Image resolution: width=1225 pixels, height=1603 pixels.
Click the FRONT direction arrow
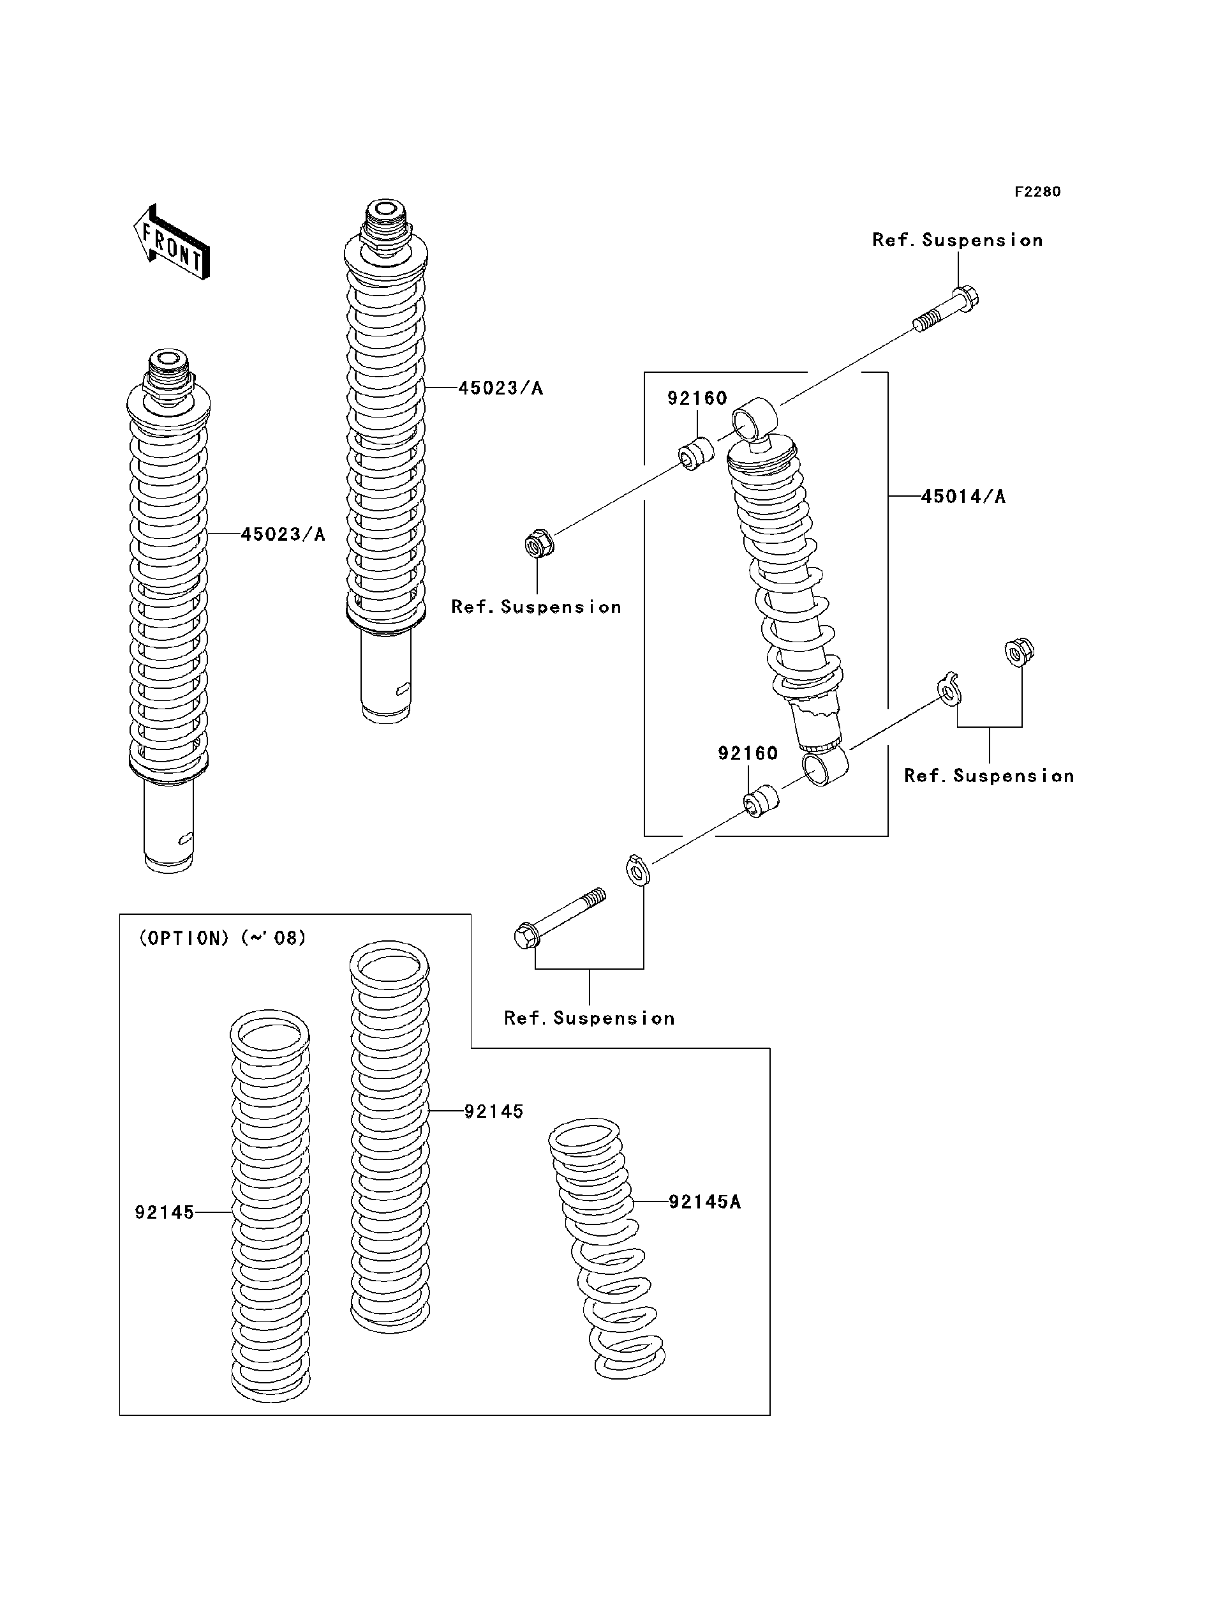[172, 243]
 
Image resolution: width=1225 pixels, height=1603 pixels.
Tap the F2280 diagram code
[1037, 192]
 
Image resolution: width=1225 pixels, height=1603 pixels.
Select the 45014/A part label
[963, 497]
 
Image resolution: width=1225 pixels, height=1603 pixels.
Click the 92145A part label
[704, 1201]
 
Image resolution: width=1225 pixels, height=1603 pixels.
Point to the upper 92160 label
[697, 398]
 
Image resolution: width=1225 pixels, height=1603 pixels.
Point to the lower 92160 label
[747, 753]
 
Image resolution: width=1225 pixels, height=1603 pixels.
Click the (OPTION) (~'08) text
[223, 938]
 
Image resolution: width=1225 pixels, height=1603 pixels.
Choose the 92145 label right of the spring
[494, 1111]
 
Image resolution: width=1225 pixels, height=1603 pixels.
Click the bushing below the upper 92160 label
[696, 453]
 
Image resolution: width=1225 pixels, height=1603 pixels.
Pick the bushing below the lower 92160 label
[761, 801]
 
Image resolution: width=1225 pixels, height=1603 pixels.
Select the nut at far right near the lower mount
[1020, 652]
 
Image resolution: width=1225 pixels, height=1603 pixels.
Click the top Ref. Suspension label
[956, 241]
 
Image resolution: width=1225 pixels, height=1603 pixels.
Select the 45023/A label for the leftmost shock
[283, 535]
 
